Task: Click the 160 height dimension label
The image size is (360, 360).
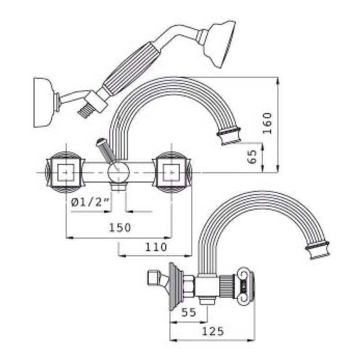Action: click(267, 123)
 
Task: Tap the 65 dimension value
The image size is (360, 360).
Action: click(252, 157)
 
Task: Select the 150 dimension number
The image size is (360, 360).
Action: click(120, 228)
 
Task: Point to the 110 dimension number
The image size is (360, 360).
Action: click(156, 247)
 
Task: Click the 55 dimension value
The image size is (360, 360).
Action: click(189, 312)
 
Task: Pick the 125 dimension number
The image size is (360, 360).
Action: click(212, 331)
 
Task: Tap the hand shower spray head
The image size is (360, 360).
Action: click(219, 42)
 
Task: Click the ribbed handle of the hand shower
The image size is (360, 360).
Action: click(131, 68)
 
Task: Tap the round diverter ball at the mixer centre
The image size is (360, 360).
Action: click(119, 172)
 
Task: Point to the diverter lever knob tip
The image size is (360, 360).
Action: click(100, 142)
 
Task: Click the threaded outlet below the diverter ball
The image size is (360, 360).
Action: click(118, 186)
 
